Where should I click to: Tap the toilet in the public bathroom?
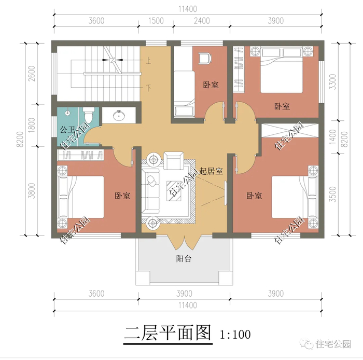89,114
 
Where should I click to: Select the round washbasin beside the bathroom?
119,115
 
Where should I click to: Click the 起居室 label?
211,171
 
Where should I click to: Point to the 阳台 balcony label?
184,259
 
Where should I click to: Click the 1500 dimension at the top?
156,21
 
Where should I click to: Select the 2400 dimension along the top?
202,21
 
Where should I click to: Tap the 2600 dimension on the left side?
32,74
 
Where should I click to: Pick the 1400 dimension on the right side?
332,137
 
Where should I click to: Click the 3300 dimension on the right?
332,82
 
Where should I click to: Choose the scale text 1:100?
235,335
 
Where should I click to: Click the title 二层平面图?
167,334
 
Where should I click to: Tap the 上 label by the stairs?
148,61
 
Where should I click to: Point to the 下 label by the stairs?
148,88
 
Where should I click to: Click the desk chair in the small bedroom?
205,58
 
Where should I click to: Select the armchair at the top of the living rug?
174,160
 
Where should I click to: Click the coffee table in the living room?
174,191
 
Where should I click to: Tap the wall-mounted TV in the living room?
226,193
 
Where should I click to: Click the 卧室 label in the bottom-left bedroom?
122,196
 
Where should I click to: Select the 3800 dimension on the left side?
32,191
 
